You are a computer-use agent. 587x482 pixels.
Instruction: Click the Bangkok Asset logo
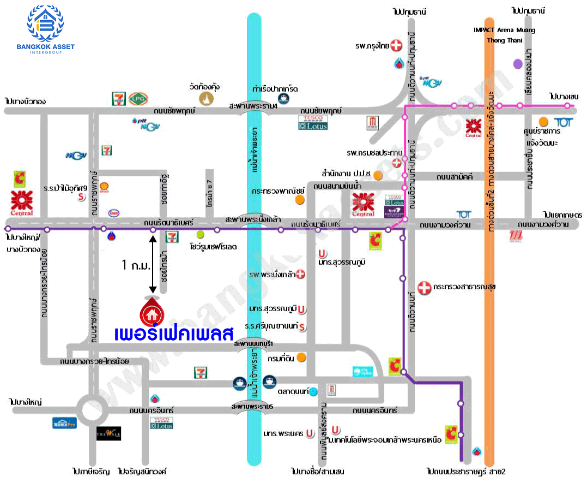[50, 29]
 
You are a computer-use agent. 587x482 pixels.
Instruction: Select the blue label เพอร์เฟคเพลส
[173, 332]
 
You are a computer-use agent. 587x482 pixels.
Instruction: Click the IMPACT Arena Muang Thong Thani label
[504, 35]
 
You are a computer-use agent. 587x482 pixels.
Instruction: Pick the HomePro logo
[65, 423]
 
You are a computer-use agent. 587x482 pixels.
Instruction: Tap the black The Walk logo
[108, 433]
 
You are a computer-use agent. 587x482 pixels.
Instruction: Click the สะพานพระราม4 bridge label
[253, 106]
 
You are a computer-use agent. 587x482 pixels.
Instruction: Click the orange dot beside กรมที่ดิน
[300, 358]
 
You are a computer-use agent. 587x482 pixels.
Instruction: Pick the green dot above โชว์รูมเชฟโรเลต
[200, 235]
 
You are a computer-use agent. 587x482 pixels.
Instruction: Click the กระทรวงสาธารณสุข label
[464, 287]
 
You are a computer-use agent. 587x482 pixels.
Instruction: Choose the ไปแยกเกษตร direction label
[562, 215]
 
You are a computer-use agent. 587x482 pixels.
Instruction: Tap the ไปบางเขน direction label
[564, 96]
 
